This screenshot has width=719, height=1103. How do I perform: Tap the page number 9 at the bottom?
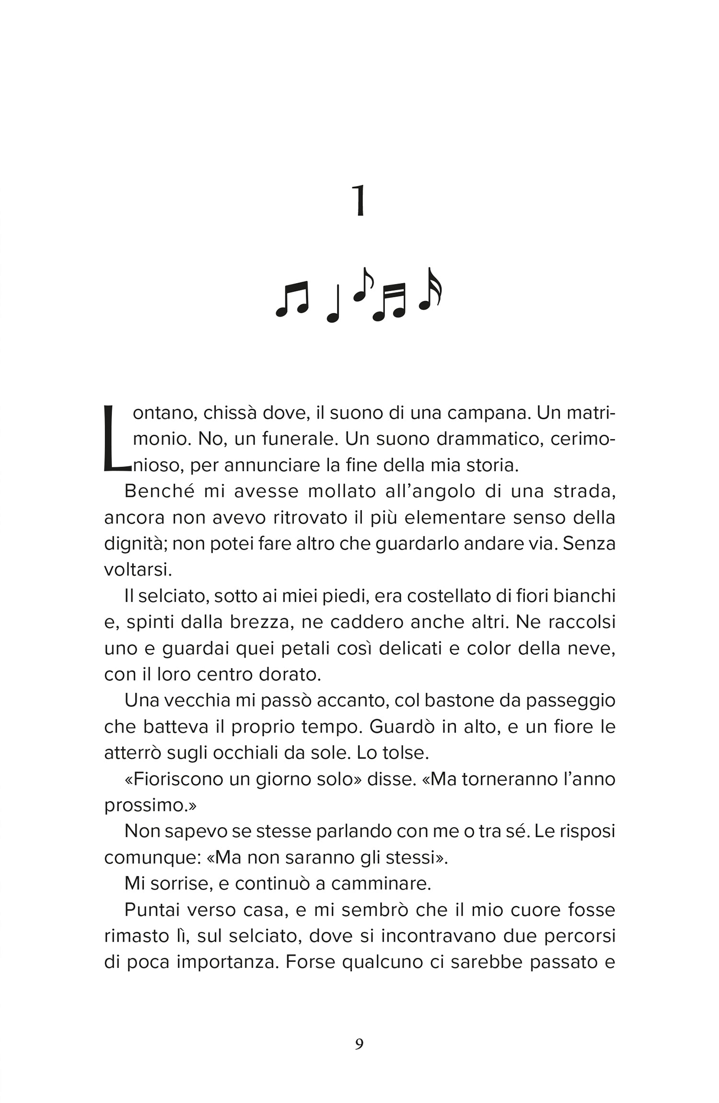point(359,1044)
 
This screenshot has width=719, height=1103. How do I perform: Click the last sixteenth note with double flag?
point(430,289)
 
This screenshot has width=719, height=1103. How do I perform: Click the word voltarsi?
point(138,570)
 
